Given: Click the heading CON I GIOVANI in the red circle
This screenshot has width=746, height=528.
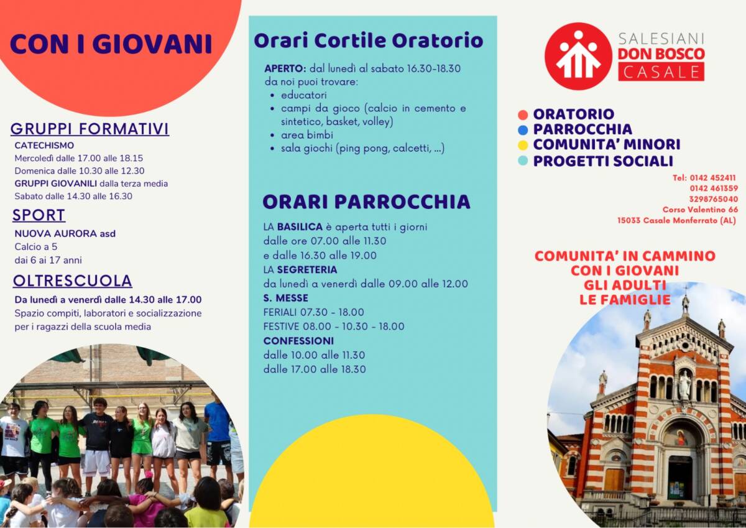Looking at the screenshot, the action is [111, 44].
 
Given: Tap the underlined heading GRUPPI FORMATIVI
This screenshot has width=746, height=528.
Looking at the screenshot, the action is [90, 129].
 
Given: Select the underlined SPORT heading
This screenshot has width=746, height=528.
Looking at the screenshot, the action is [39, 215].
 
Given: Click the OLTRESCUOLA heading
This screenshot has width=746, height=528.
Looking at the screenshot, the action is [73, 281].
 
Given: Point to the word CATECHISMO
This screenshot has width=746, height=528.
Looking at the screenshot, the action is [44, 146].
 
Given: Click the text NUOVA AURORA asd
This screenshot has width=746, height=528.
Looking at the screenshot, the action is [65, 233].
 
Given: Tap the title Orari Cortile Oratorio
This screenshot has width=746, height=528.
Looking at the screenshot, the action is [368, 40].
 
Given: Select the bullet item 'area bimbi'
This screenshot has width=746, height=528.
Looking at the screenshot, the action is [306, 135].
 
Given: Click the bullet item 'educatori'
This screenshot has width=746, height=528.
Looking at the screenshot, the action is [304, 95].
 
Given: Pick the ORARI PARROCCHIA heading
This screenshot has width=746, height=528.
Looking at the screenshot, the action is [366, 202].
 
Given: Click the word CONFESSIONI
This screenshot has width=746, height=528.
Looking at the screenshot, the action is [298, 341].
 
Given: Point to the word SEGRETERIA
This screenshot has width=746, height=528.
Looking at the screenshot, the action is [307, 269].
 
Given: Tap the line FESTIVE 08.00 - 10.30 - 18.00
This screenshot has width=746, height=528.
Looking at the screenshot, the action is [334, 326].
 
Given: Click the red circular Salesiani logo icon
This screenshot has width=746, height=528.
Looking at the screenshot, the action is [579, 56].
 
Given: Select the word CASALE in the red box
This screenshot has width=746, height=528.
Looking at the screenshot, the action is [661, 72].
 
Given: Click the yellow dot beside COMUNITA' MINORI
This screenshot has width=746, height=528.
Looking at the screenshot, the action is [523, 146].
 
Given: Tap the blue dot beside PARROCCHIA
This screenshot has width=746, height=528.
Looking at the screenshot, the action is [523, 130].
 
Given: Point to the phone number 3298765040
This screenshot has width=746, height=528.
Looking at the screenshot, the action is [714, 199].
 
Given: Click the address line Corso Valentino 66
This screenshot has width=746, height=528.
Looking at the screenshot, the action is [700, 210].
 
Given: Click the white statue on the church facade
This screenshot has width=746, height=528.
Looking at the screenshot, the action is [684, 386].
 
